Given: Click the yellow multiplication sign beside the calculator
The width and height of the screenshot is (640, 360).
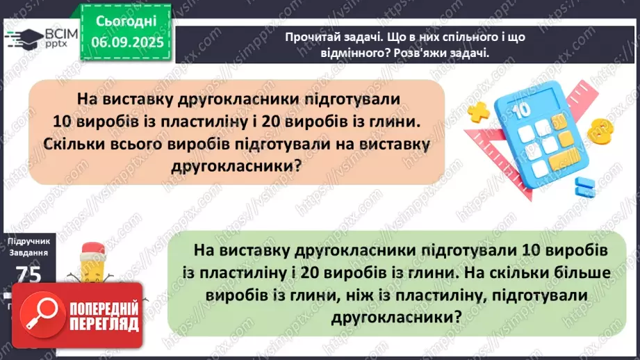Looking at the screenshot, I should click(x=477, y=111).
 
